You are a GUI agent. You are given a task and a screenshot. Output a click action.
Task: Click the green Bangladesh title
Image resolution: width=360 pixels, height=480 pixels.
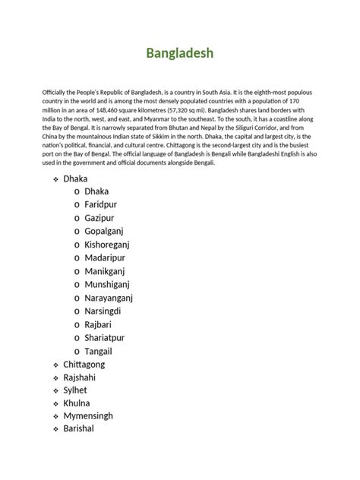[x=179, y=53]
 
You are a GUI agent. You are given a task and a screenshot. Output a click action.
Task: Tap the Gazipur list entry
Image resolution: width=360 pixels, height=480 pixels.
[x=103, y=218]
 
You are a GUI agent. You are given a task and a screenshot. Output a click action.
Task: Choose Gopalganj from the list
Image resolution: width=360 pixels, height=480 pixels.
[x=109, y=232]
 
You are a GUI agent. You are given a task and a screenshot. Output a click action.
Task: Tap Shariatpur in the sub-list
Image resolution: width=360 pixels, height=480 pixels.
[x=109, y=337]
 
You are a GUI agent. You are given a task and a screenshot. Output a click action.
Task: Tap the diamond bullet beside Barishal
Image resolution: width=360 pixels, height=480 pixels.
[x=55, y=430]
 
